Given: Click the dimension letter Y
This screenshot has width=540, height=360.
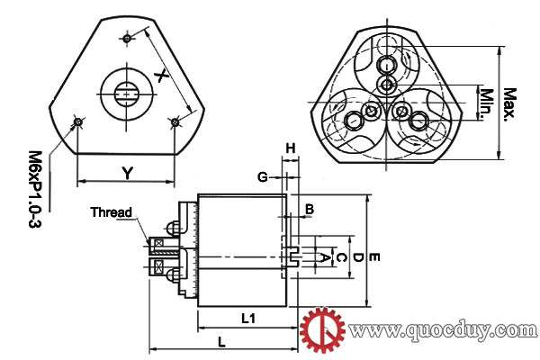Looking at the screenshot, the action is (128, 174).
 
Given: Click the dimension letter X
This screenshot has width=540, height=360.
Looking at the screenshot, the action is (161, 76).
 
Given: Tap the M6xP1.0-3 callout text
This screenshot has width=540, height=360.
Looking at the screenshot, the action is (35, 189).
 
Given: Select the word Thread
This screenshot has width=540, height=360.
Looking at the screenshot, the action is (112, 212).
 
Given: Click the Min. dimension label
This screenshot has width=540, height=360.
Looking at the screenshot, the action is (487, 103).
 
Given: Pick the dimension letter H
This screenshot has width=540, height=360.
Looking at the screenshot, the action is (291, 148).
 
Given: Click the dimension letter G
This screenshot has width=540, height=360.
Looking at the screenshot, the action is (263, 177).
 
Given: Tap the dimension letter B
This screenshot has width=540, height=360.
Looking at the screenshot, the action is (310, 209).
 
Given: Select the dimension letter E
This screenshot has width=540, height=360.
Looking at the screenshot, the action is (374, 257).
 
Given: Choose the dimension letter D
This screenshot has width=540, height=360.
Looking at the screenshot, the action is (358, 257).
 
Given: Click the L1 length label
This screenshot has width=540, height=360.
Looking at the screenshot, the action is (248, 319).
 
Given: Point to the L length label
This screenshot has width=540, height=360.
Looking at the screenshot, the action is (221, 342).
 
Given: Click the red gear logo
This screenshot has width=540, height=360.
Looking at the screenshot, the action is (322, 330).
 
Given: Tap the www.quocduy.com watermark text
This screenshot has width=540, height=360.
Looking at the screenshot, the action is (443, 330).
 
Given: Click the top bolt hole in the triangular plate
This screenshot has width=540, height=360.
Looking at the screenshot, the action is (127, 39).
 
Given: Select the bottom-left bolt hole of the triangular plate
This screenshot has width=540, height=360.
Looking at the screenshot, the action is (78, 122).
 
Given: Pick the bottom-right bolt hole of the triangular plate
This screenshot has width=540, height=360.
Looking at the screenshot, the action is (175, 122).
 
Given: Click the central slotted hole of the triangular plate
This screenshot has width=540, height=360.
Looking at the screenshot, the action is (127, 94).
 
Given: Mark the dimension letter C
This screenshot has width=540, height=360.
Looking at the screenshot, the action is (341, 257).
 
